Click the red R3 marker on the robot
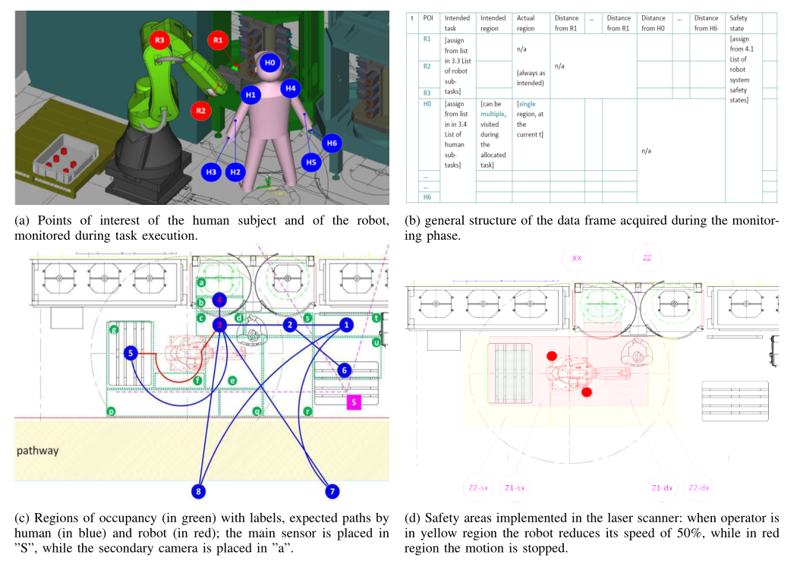pyautogui.click(x=159, y=40)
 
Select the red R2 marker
pyautogui.click(x=201, y=111)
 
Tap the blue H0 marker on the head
pyautogui.click(x=270, y=63)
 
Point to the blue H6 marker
pyautogui.click(x=331, y=143)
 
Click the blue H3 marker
pyautogui.click(x=212, y=172)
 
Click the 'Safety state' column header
pyautogui.click(x=739, y=24)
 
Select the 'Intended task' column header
pyautogui.click(x=457, y=24)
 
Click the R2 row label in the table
pyautogui.click(x=427, y=67)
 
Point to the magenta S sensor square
pyautogui.click(x=354, y=403)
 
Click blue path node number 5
pyautogui.click(x=131, y=353)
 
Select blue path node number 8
pyautogui.click(x=199, y=492)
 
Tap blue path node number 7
pyautogui.click(x=331, y=492)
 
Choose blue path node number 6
pyautogui.click(x=345, y=370)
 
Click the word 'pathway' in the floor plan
pyautogui.click(x=38, y=451)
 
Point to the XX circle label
pyautogui.click(x=577, y=258)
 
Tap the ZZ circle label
pyautogui.click(x=647, y=258)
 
